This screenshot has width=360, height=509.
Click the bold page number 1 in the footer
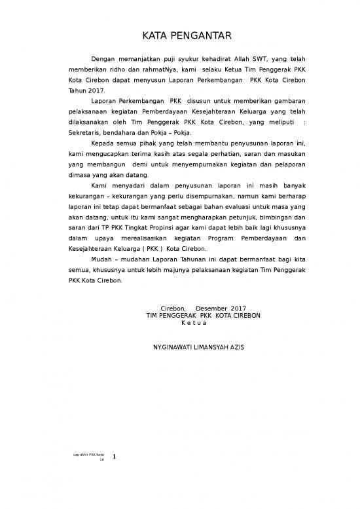tap(114, 457)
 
